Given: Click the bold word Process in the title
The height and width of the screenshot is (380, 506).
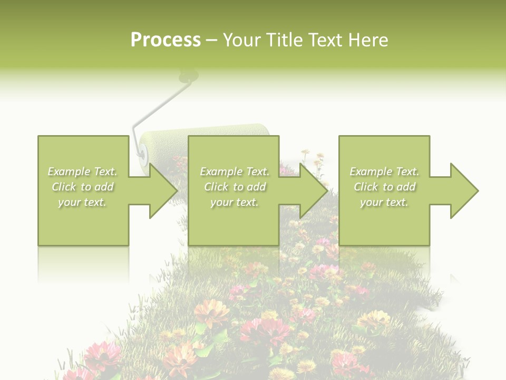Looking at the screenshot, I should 166,40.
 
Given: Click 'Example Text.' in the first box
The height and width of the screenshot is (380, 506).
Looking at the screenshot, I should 83,172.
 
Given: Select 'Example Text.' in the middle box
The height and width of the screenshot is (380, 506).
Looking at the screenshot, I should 235,172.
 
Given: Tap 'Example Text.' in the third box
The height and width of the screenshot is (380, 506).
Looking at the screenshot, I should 384,172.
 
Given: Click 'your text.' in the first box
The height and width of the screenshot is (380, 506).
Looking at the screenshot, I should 83,202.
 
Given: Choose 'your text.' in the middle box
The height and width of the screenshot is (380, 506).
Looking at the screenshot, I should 235,202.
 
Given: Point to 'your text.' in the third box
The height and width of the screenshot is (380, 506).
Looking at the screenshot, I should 384,202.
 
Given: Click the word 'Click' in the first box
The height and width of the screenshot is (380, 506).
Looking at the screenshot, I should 64,187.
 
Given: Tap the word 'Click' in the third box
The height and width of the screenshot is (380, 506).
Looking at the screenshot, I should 366,187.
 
